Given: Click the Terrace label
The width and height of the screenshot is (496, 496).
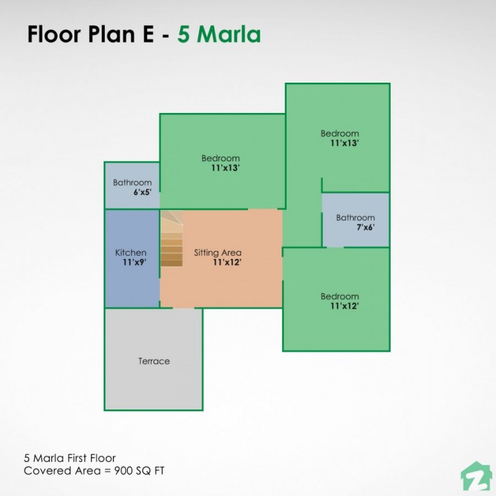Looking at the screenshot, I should point(154,361).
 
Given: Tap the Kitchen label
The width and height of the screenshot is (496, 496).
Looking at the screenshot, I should point(130,253).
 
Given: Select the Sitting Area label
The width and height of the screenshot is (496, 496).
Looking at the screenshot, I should point(218,253).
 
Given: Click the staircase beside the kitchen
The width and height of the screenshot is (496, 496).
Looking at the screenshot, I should point(172,239).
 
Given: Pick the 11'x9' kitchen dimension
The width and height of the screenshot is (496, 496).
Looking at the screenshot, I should point(134,262).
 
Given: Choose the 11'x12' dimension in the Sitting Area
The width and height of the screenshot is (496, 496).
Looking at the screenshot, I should point(227,262).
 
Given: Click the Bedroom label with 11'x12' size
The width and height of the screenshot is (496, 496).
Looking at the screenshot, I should point(340,296).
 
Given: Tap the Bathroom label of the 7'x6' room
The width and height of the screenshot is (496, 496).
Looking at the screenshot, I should point(355,218).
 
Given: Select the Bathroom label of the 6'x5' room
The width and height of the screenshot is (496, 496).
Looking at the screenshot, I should point(132,183).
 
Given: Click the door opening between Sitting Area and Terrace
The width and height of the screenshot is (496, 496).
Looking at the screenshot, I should point(183,308).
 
